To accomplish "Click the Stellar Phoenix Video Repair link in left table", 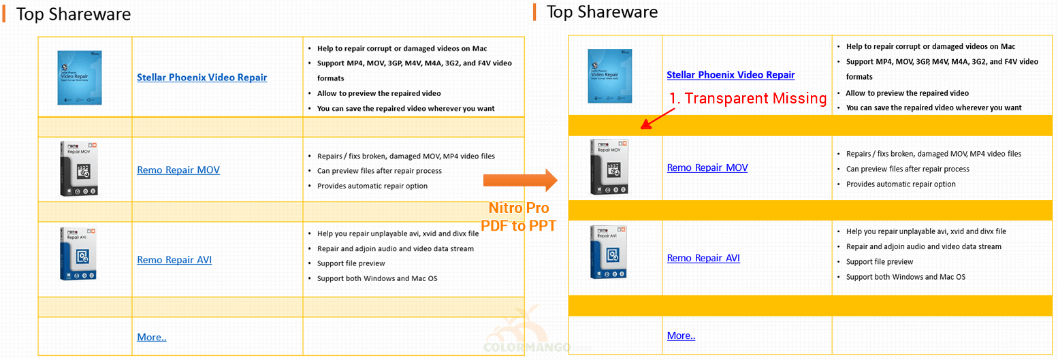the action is point(202,78).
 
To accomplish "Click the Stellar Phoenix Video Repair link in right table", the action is point(731,75).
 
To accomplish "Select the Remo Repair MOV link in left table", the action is point(178,170).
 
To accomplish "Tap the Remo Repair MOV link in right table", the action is point(707,167).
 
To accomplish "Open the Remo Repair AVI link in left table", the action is point(174,259).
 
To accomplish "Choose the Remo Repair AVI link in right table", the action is point(703,258).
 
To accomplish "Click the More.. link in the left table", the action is point(152,337).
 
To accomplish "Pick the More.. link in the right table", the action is point(681,336).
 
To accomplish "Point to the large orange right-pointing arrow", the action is point(520,180).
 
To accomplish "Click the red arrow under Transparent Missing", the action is point(658,118).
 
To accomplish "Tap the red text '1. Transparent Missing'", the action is point(748,98).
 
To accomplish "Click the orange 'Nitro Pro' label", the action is point(519,208).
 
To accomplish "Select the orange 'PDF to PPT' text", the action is point(518,225).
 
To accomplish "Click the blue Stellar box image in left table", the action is point(80,78).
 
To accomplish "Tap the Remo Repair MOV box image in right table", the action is point(609,167).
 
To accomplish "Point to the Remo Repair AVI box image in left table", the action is point(78,254).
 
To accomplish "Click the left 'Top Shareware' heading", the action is point(74,14).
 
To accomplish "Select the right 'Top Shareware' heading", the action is point(602,12).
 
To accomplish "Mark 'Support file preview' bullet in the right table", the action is point(880,262).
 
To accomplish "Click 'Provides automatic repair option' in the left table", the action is point(372,186).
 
